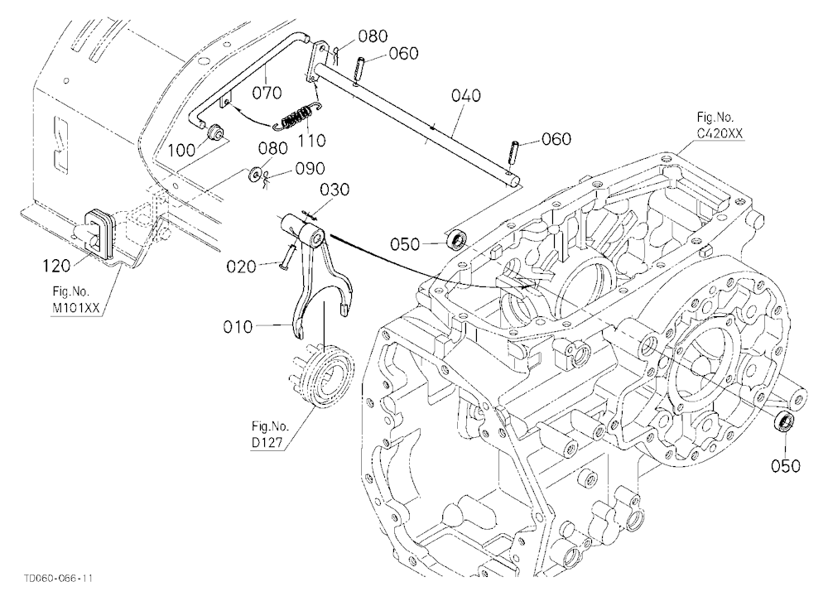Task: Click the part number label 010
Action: coord(238,328)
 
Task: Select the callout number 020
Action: coord(241,267)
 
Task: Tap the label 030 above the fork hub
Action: coord(335,189)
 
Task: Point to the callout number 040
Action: coord(466,95)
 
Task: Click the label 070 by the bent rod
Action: coord(267,93)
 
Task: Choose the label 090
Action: coord(310,169)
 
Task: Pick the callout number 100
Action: coord(182,151)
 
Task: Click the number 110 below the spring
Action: coord(311,141)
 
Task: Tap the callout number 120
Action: coord(56,266)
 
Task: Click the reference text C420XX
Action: coord(720,133)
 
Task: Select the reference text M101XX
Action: coord(75,309)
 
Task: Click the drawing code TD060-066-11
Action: coord(58,579)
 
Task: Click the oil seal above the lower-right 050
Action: coord(783,422)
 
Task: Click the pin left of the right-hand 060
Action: coord(515,152)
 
